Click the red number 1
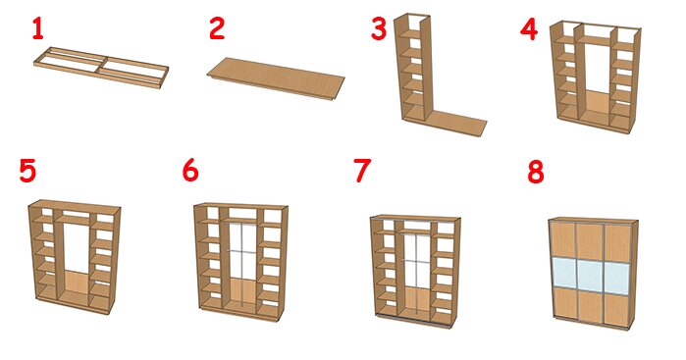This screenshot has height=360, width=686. pos(38,29)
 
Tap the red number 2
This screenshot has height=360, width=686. pos(217,28)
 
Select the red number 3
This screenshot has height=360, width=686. pos(379,29)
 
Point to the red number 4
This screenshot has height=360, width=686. pos(529,30)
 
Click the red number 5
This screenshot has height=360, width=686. pos(27,171)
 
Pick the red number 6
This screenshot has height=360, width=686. pos(190,170)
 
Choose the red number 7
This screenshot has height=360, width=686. pos(362,171)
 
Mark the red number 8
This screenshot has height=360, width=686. pos(536,173)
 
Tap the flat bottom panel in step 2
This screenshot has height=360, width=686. pos(276,78)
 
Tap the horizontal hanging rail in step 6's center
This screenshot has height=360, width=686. pos(241,251)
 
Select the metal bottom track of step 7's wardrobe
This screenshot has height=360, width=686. pos(413,321)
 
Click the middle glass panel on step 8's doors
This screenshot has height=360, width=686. pos(590,275)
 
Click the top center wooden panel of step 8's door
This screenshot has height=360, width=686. pos(590,241)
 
